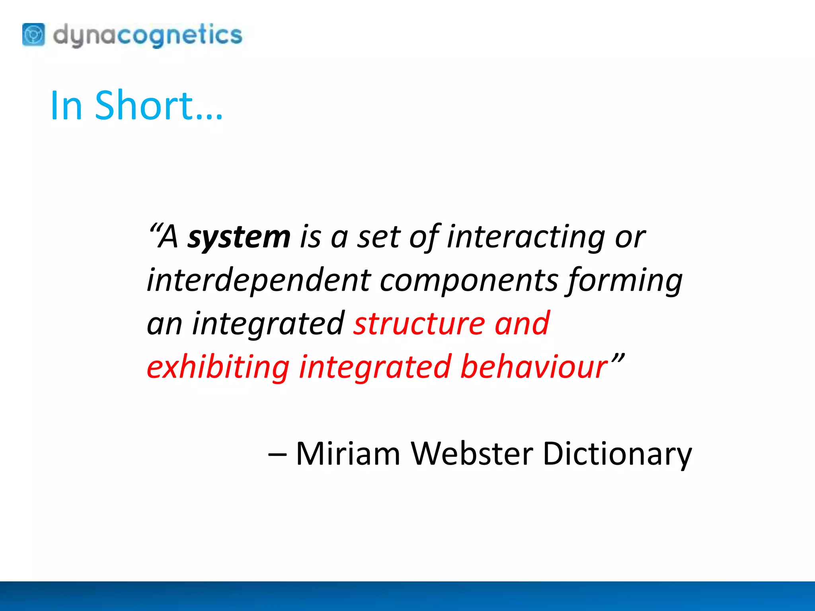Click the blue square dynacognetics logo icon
(33, 35)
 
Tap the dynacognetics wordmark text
(147, 35)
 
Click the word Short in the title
(159, 105)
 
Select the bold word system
(239, 237)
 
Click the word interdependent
(259, 280)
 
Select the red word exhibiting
(218, 367)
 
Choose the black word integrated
(268, 325)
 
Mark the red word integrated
(375, 367)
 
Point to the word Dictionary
(617, 454)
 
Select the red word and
(522, 324)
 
